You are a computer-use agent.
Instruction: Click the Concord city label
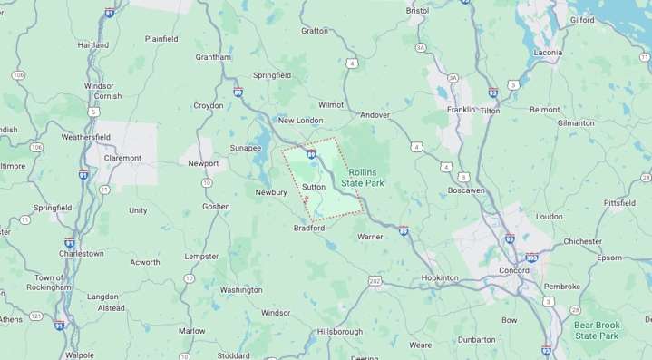click(514, 270)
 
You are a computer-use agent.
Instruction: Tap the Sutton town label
click(314, 187)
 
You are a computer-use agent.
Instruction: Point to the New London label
click(300, 121)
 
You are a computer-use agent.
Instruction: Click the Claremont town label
click(123, 158)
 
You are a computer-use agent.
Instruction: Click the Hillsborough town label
click(340, 332)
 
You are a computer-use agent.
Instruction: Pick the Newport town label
click(203, 163)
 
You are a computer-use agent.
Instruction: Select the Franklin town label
click(461, 110)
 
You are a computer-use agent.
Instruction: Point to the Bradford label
click(308, 229)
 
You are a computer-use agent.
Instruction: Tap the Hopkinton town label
click(440, 278)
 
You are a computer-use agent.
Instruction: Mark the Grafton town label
click(315, 30)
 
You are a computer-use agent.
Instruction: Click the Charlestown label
click(82, 254)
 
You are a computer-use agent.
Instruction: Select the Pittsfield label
click(619, 203)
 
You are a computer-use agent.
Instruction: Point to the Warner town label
click(370, 237)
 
